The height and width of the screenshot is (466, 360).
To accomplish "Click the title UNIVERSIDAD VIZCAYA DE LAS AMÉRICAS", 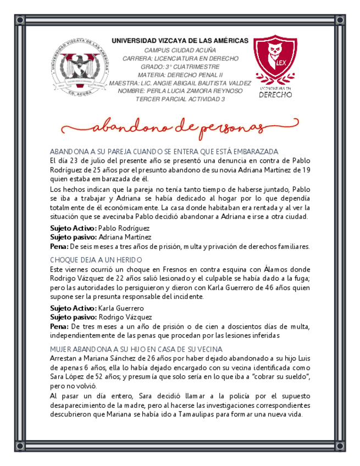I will [180, 41].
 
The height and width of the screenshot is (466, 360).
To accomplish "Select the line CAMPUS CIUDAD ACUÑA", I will [180, 50].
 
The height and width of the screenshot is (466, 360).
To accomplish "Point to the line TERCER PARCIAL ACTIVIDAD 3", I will [180, 99].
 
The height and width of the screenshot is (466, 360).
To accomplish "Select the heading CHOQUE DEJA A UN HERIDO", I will [96, 259].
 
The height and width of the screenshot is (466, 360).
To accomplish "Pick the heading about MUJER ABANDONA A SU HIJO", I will [136, 349].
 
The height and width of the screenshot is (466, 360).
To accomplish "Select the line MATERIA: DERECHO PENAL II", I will [180, 75].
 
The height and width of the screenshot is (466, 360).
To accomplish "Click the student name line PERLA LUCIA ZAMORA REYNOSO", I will [180, 91].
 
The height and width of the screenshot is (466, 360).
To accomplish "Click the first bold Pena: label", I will [59, 246].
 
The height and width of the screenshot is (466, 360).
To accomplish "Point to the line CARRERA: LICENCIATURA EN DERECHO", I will [180, 58].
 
